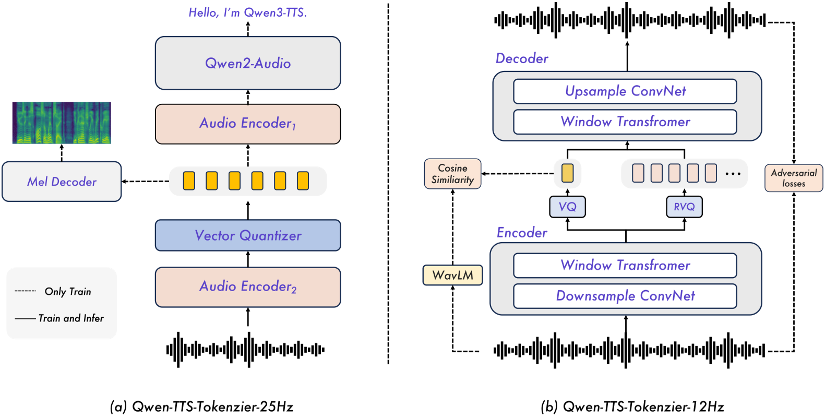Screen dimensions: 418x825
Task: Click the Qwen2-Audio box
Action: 248,63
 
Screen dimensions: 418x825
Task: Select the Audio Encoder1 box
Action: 248,124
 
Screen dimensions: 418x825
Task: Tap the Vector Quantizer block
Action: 248,235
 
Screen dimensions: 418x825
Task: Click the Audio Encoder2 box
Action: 248,286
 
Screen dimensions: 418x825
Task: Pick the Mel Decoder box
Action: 62,182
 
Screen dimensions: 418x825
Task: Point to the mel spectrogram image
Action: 62,123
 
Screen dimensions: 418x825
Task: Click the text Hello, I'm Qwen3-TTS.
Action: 248,13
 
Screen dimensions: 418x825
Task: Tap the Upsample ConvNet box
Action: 625,91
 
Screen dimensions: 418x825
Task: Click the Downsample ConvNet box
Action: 625,296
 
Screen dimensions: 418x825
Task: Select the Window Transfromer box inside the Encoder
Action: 625,265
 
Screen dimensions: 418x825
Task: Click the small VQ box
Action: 567,207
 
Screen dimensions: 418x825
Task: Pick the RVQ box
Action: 684,207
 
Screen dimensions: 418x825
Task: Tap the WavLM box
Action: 452,275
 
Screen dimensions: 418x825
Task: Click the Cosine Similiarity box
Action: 452,174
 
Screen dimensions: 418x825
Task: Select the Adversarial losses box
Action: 794,178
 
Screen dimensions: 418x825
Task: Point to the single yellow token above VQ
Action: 567,173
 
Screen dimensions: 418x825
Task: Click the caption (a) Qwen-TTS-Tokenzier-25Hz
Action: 202,407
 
